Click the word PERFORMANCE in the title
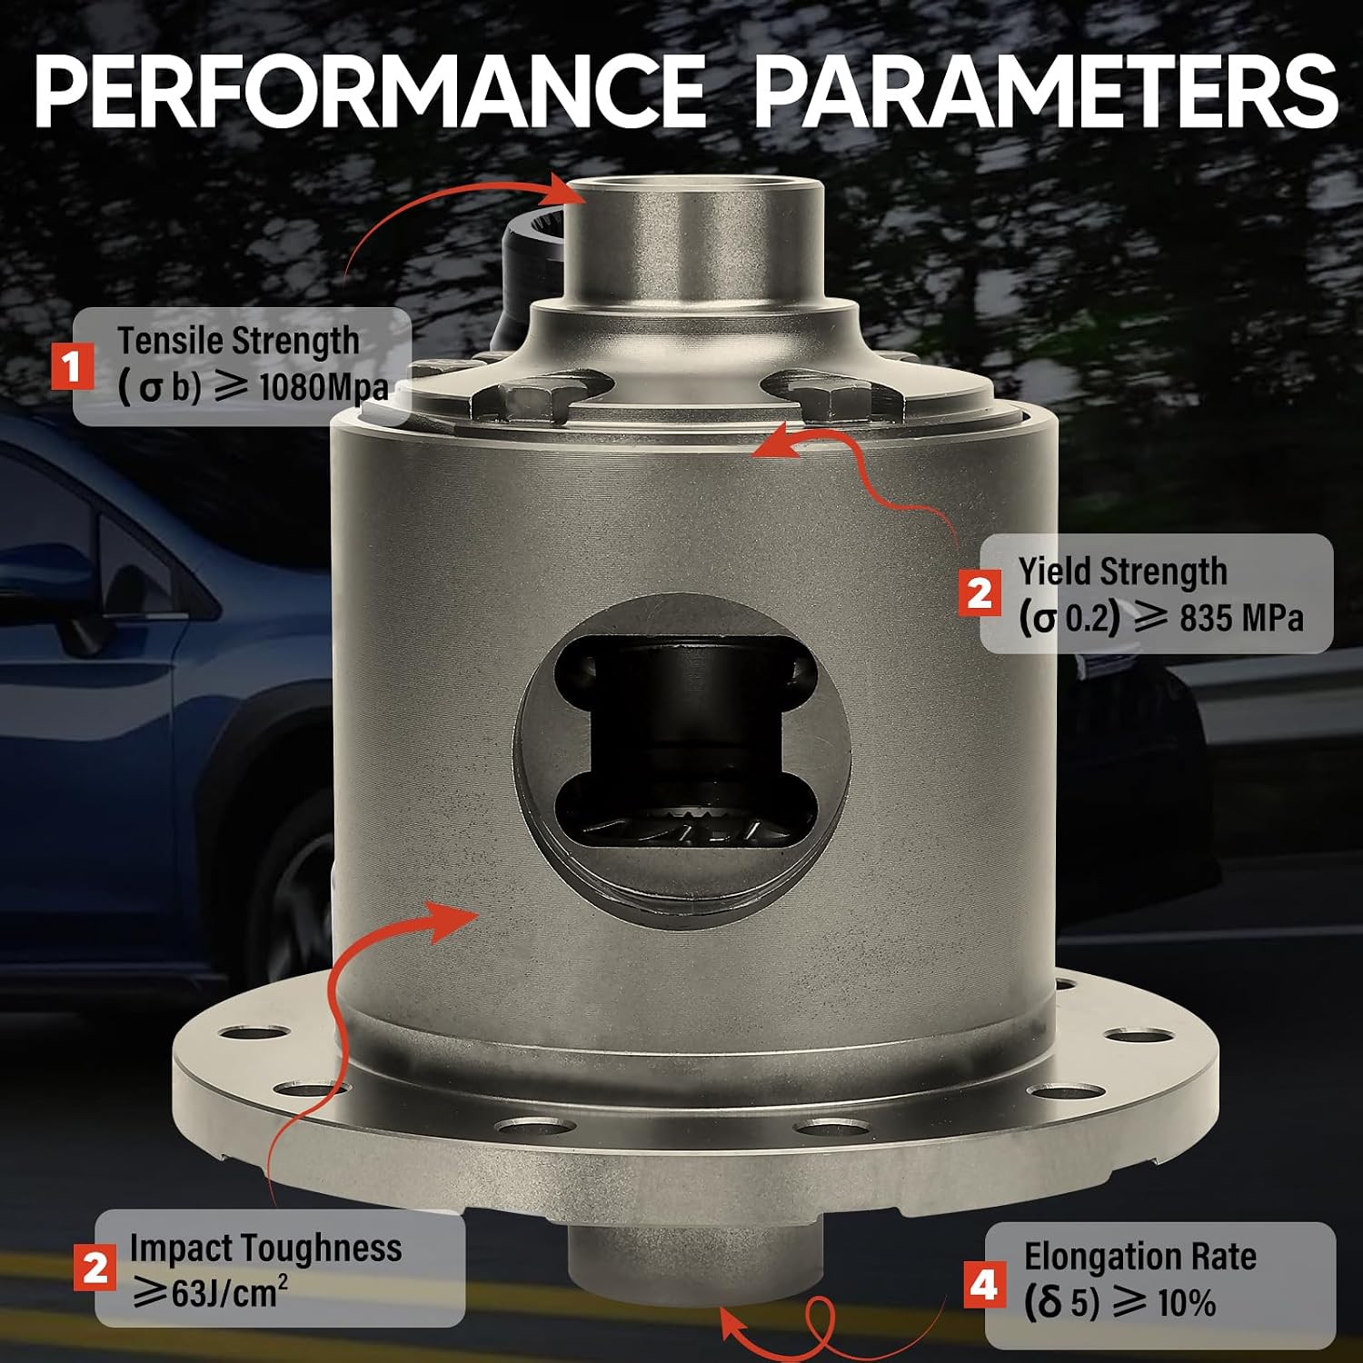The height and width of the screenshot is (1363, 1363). (x=370, y=91)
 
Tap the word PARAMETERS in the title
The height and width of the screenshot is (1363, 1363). (x=1046, y=91)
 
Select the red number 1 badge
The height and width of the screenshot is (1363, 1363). (x=72, y=366)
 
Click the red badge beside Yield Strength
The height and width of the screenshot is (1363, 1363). (x=980, y=593)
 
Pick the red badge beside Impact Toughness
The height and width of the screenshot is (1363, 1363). (x=95, y=1268)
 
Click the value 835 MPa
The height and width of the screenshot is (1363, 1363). (x=1241, y=619)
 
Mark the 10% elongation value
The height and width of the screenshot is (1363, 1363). (x=1187, y=1304)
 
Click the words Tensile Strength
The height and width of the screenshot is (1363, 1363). (x=238, y=342)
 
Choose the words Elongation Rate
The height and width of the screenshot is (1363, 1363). (x=1140, y=1257)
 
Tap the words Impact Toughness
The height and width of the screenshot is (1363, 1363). (x=265, y=1249)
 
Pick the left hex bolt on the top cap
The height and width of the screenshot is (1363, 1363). (x=530, y=403)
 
